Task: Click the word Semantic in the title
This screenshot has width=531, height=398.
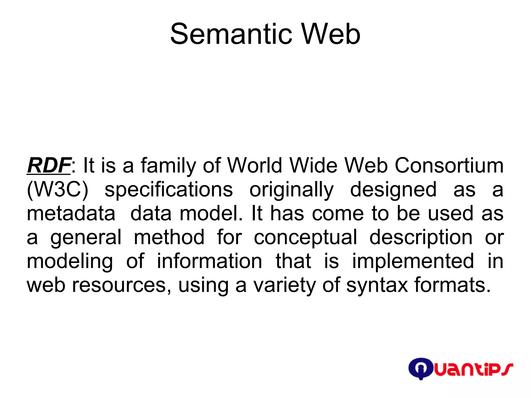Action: pos(231,34)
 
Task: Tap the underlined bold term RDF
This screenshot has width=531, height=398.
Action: pos(49,165)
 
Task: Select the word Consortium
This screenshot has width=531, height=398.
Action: pos(449,165)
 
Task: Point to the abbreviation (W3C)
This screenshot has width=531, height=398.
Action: pos(58,190)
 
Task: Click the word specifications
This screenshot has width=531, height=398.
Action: pos(169,190)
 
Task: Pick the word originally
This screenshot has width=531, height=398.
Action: pos(291,190)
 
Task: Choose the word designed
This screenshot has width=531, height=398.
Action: pos(393,190)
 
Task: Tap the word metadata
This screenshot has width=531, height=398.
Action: pos(71,213)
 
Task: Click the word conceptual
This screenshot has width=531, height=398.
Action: pos(305,237)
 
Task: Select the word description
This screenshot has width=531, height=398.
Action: pos(421,237)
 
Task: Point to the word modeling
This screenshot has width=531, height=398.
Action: pos(70,261)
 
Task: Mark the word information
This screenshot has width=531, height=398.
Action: pos(209,261)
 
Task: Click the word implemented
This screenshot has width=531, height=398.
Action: pos(413,261)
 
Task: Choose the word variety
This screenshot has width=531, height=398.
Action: pos(284,285)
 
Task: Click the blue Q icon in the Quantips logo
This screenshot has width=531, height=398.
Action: pos(420,368)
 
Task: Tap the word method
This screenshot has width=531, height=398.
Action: pos(169,237)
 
